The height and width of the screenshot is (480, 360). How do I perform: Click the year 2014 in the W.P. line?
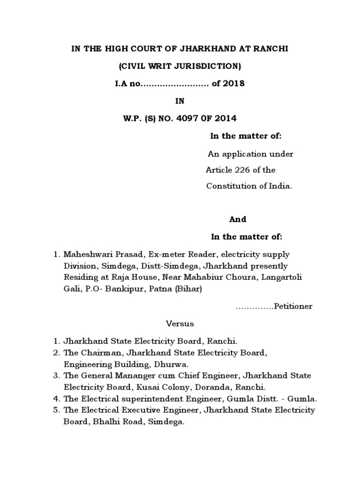(x=225, y=119)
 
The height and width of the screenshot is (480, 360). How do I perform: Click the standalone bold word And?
(x=238, y=219)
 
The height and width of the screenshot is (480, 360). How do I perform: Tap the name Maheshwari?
(x=85, y=255)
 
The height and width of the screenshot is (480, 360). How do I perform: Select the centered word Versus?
(x=180, y=323)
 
